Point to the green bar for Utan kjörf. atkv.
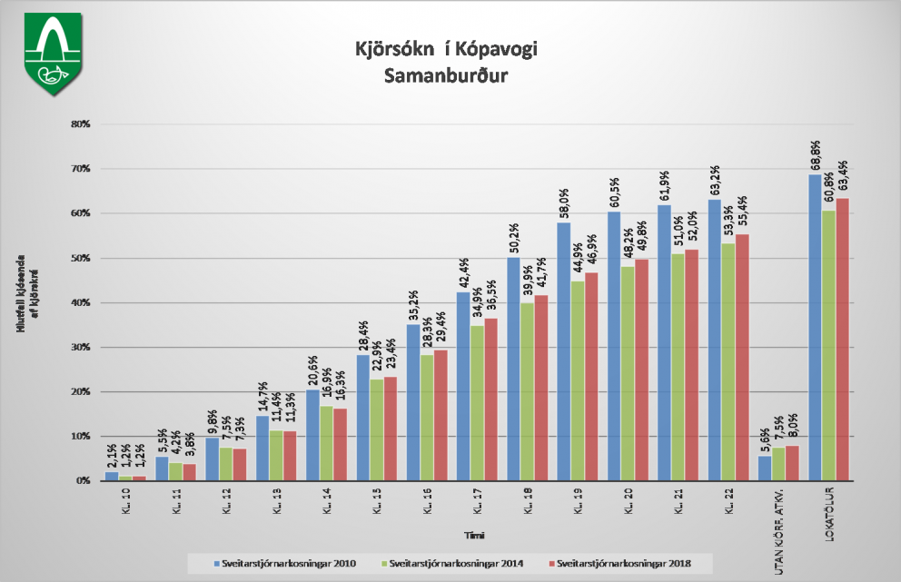[x=778, y=464]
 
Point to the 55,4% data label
[x=741, y=214]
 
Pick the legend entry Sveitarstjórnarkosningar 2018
[x=619, y=564]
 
